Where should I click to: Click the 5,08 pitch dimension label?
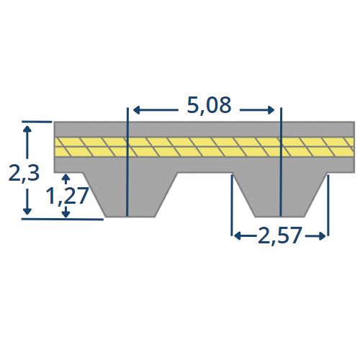tap(209, 106)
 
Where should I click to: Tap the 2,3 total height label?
tap(24, 174)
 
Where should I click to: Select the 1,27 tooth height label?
tap(68, 196)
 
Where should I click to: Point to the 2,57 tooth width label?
tap(279, 235)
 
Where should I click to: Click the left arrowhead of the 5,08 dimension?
tap(136, 110)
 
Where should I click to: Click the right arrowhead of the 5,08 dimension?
tap(271, 110)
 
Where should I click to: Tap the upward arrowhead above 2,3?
tap(27, 129)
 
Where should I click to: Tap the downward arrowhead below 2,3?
tap(27, 212)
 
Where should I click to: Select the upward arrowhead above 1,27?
tap(66, 178)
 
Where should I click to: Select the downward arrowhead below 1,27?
tap(66, 214)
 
